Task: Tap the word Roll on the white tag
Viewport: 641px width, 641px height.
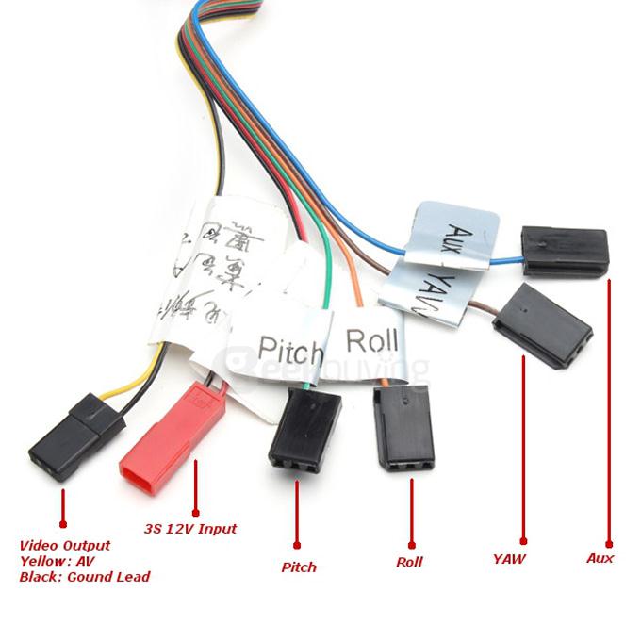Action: [x=371, y=339]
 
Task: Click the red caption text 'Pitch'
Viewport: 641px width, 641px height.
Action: [x=299, y=567]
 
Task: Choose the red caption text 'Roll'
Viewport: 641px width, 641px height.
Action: [x=409, y=562]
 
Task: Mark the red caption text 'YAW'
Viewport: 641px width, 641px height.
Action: [x=509, y=559]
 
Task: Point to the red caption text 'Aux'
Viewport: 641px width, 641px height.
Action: [x=600, y=558]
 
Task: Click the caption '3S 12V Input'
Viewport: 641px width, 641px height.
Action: [x=190, y=529]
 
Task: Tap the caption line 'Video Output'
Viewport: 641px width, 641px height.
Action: [x=65, y=546]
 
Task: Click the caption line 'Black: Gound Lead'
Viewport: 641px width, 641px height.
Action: [x=85, y=577]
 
